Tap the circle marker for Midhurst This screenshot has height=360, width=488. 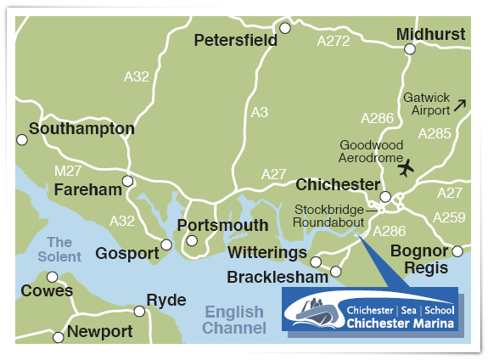point(410,49)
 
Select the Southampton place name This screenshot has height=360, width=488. point(81,129)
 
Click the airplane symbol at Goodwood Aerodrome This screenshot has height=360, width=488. point(405,167)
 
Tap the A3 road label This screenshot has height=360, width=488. point(260,111)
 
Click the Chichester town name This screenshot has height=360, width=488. point(337,184)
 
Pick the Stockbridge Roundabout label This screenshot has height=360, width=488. point(328,216)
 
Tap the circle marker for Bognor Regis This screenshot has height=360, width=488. point(457,251)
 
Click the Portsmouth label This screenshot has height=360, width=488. point(222,225)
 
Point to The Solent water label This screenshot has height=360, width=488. point(65,250)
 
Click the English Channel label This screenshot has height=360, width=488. point(233,320)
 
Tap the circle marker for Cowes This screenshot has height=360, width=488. point(53,277)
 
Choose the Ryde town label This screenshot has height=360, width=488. point(165,301)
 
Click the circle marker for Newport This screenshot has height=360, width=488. point(59,337)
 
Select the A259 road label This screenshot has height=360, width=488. point(448,217)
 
